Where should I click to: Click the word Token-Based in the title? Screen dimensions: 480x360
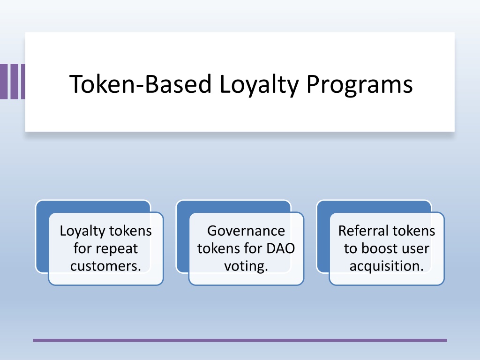tap(141, 84)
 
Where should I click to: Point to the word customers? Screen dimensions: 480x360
tap(105, 266)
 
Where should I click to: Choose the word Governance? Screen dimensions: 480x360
tap(246, 231)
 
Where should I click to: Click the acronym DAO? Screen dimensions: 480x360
tap(280, 248)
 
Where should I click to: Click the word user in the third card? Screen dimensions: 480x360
tap(415, 249)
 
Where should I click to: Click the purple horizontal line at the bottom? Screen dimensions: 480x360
tap(240, 340)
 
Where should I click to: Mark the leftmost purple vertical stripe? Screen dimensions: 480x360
tap(4, 82)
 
